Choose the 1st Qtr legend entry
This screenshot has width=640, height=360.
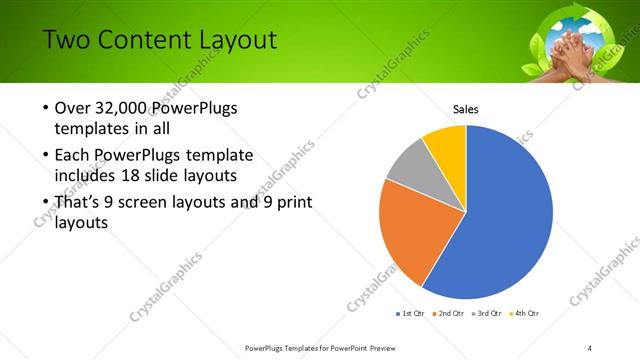(x=411, y=314)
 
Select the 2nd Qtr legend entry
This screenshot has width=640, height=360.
(x=449, y=314)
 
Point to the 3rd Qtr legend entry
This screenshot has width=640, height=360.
(x=487, y=314)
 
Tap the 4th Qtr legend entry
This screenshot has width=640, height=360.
(x=525, y=314)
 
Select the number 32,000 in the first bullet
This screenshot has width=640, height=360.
(x=125, y=109)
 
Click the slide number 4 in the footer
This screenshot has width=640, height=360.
(x=589, y=347)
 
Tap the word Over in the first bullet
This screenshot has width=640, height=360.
(x=73, y=109)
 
